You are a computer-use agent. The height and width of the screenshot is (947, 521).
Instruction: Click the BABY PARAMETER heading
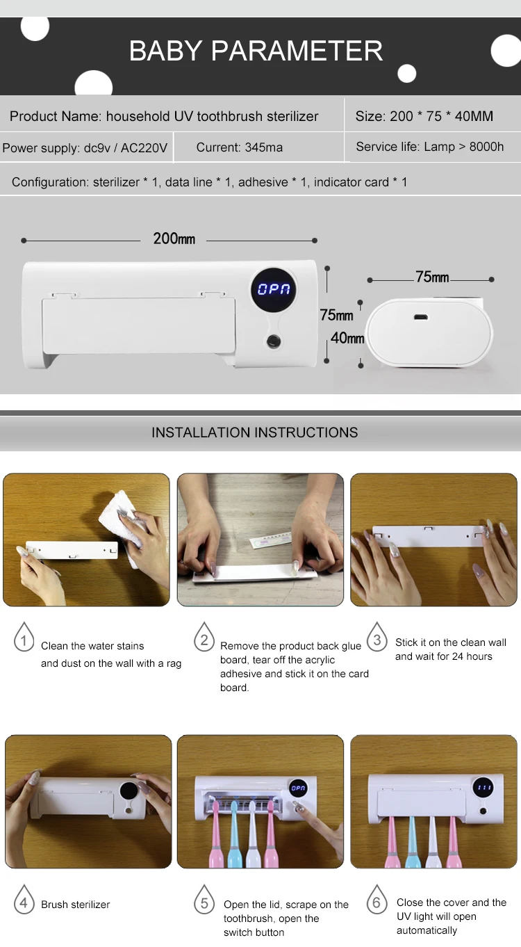256,51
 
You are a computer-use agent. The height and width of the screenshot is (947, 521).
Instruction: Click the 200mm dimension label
174,239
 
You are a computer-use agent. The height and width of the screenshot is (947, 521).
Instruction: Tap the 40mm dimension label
347,338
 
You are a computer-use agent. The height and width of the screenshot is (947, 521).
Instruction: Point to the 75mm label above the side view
432,277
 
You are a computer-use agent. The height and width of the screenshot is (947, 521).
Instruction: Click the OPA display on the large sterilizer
274,289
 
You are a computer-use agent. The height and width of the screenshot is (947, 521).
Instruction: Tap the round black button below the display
274,341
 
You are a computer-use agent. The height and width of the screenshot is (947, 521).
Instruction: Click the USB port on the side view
421,317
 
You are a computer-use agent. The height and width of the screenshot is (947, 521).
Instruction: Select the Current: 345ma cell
240,147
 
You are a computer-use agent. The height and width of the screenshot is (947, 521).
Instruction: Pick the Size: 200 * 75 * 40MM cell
424,116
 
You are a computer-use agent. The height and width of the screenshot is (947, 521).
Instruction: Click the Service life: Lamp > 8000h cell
430,147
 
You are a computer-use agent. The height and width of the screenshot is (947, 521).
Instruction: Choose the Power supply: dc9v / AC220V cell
85,148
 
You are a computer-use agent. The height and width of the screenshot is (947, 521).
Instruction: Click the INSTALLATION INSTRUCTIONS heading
255,432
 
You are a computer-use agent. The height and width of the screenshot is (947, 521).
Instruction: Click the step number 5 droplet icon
204,899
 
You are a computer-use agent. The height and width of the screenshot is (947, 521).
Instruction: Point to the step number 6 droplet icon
377,899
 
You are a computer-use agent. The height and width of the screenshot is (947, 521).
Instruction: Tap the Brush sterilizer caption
75,905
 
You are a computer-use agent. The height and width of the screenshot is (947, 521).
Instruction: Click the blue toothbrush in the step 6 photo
411,841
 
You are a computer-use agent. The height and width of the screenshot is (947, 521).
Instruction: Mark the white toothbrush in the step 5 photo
252,835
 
